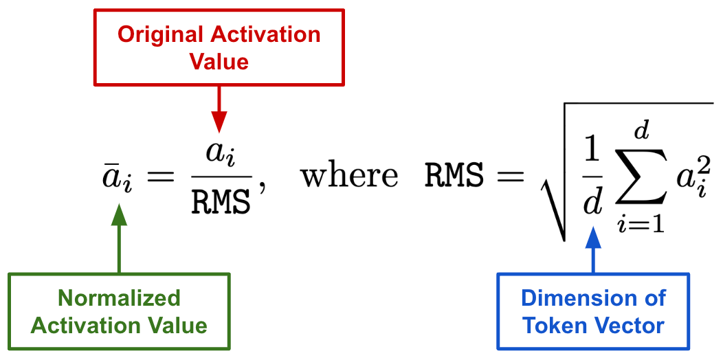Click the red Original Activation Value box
(x=219, y=48)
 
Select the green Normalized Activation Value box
(x=119, y=312)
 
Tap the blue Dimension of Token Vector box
(x=593, y=312)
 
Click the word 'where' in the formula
(x=349, y=175)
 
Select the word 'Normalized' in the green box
(x=119, y=298)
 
